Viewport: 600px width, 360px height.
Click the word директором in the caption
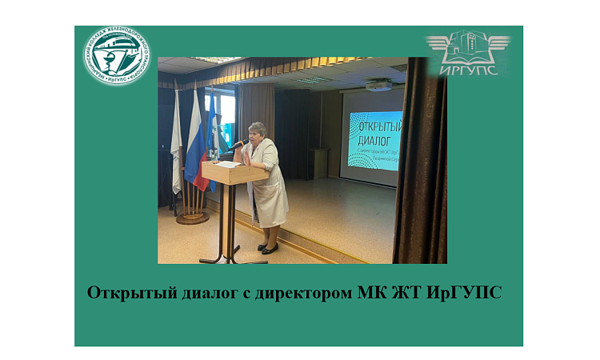point(299,292)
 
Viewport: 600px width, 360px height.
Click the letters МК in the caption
point(367,292)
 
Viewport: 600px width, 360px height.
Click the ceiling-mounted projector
point(378,85)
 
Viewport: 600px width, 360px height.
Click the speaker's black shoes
point(269,249)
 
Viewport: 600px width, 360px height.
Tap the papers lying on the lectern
point(228,164)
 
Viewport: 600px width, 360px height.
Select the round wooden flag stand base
point(192,217)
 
